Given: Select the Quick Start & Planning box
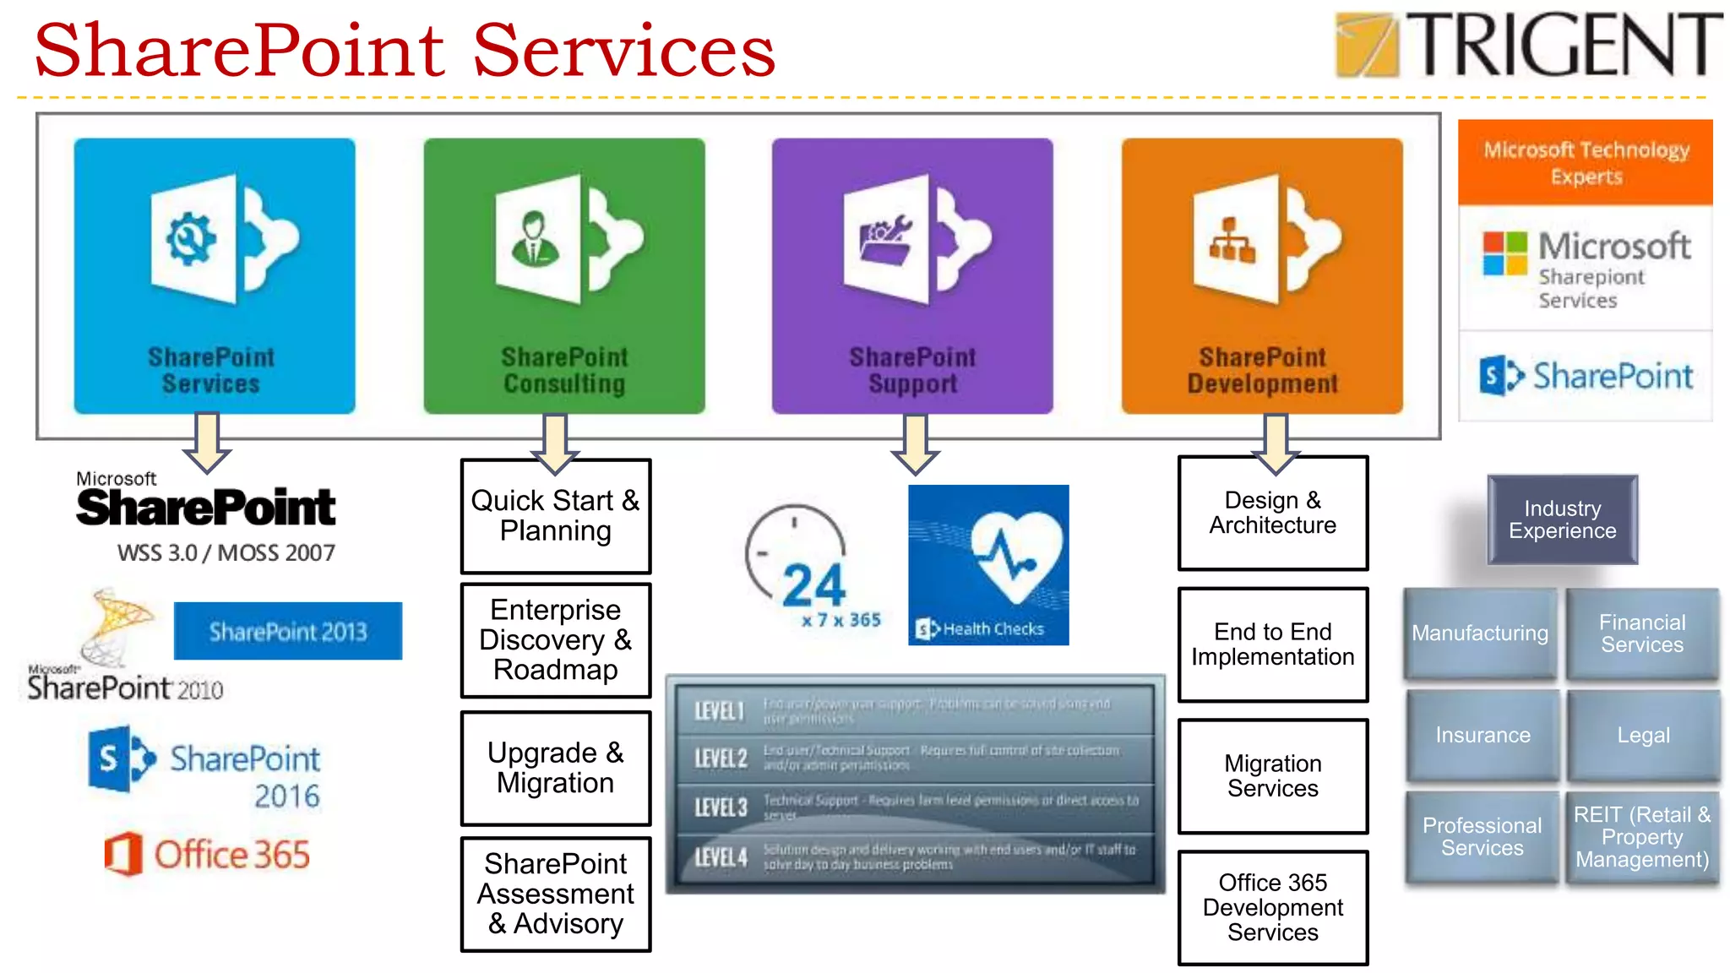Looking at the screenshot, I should click(x=555, y=516).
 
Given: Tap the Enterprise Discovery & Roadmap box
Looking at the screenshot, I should click(x=555, y=640).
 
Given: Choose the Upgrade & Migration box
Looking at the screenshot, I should click(x=555, y=768).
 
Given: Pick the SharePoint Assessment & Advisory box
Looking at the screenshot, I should click(x=555, y=894).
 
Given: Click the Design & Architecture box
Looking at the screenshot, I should click(x=1272, y=513).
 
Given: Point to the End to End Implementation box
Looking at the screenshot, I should click(x=1272, y=644).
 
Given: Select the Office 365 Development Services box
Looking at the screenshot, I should click(x=1272, y=907).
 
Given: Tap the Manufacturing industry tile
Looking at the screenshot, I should click(x=1480, y=633).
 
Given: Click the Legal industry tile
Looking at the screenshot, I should click(x=1643, y=735).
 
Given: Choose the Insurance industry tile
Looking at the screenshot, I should click(x=1482, y=735).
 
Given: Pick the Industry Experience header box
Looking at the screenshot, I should click(x=1562, y=519).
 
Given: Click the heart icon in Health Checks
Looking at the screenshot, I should click(x=1016, y=555).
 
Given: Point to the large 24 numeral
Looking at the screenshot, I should click(x=813, y=584).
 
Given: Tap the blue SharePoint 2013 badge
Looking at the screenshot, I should click(x=287, y=631).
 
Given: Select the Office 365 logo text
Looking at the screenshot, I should click(x=231, y=855).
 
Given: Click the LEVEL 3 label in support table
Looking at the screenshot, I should click(x=720, y=807).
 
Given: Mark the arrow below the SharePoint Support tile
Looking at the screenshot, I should click(x=915, y=443).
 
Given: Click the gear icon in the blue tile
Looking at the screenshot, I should click(x=191, y=239).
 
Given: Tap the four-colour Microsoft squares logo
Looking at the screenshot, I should click(x=1504, y=253).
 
